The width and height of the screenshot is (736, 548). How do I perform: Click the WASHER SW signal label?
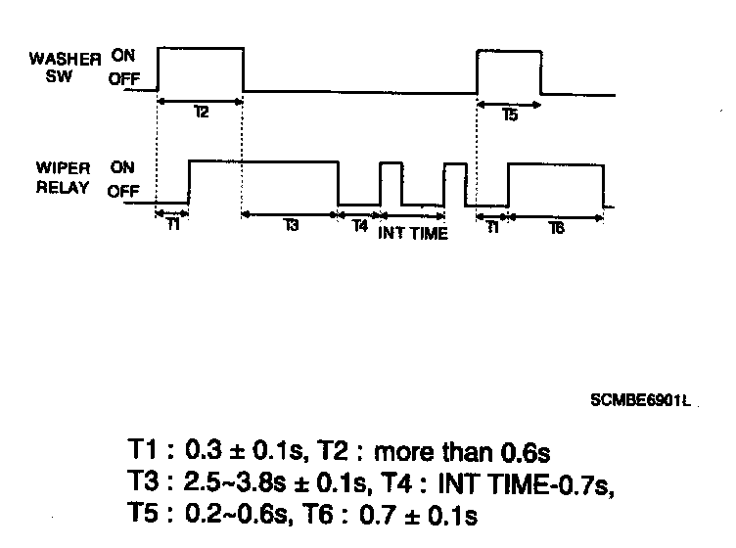[64, 68]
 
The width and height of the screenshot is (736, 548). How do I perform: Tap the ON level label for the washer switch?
[123, 57]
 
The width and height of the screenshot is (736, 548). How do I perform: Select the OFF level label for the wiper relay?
[123, 191]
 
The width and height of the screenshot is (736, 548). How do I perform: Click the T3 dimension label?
[291, 226]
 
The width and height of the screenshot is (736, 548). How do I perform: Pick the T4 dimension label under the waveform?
[359, 226]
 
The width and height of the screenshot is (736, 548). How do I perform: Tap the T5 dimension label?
[510, 114]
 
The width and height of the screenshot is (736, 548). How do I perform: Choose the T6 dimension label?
[555, 227]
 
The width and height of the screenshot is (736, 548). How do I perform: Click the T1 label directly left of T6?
[492, 226]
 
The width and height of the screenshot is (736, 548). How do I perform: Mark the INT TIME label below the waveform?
[413, 233]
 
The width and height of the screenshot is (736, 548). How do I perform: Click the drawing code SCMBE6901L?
[640, 401]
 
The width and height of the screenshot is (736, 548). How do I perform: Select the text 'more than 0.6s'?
[463, 453]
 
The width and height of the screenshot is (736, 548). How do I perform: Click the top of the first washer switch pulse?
[200, 47]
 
